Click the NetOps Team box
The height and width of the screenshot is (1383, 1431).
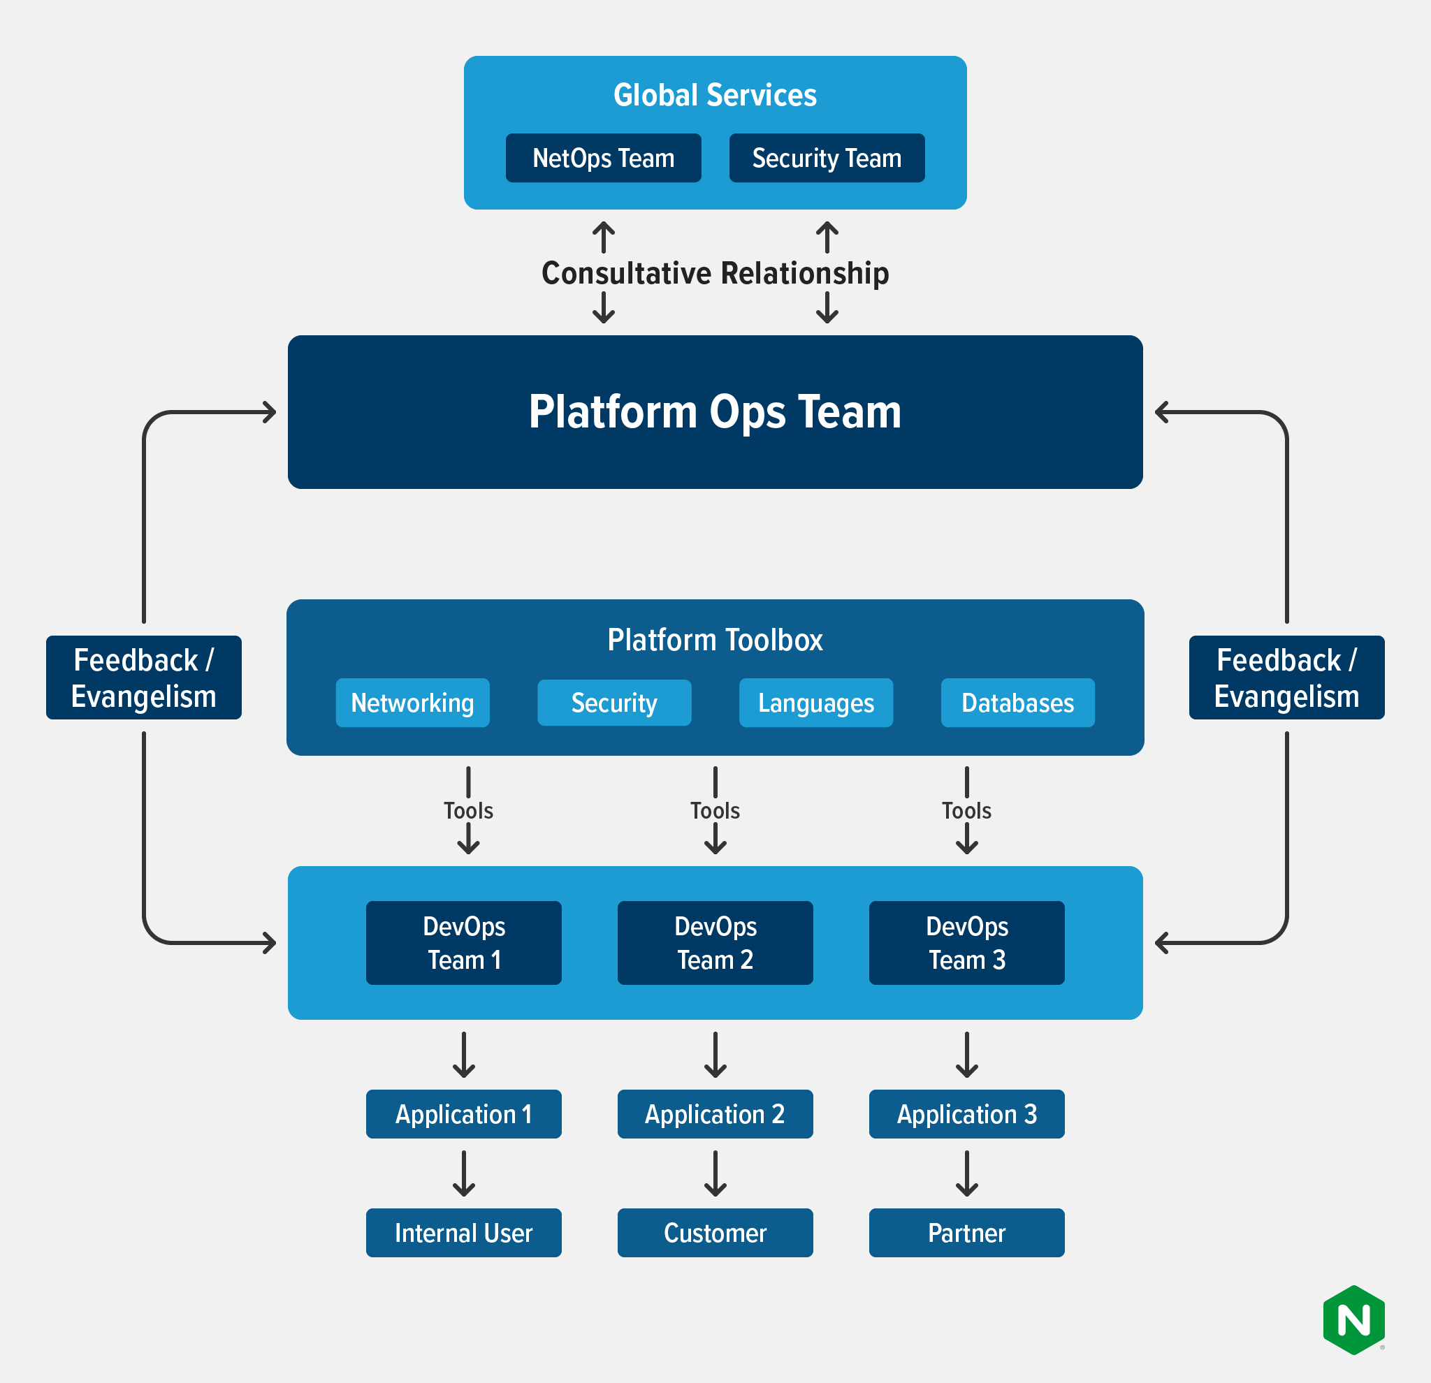pos(603,158)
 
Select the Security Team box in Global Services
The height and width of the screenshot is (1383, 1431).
pos(827,158)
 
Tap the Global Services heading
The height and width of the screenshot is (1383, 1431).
pos(715,95)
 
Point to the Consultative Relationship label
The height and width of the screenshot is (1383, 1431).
pos(715,273)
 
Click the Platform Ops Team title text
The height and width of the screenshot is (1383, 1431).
pos(715,411)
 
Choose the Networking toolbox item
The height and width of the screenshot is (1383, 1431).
pos(412,703)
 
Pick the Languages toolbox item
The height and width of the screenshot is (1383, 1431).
pos(815,703)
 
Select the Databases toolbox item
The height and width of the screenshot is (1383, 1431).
pos(1018,703)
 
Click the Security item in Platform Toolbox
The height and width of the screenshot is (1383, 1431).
pos(614,703)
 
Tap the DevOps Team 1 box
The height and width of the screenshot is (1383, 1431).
pos(464,943)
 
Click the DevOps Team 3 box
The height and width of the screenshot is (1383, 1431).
pos(966,943)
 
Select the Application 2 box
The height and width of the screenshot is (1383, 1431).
pos(715,1113)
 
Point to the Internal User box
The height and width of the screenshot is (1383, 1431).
pos(464,1233)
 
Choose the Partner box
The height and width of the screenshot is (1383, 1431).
pos(966,1233)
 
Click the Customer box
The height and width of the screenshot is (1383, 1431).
pos(715,1233)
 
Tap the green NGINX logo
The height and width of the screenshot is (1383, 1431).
pos(1353,1320)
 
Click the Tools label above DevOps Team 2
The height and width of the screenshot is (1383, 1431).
pos(715,811)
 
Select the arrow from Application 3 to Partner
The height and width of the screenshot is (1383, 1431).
pos(966,1173)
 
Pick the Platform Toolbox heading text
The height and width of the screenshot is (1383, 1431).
pos(715,640)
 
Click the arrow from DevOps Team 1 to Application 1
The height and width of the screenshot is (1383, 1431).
pos(464,1055)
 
